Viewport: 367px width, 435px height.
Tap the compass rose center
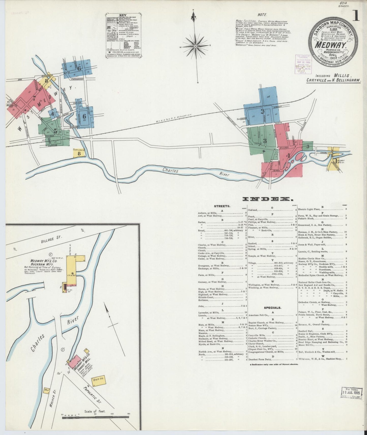(x=195, y=46)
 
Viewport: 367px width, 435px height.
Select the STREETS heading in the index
(x=222, y=206)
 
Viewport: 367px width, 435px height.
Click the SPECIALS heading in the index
(x=272, y=308)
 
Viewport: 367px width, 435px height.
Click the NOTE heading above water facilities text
(x=262, y=15)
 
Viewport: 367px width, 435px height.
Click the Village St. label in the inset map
(x=51, y=239)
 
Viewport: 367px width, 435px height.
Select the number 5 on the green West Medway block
(x=55, y=131)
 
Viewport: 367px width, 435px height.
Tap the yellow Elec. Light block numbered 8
(x=79, y=153)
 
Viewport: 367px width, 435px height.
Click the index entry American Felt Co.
(x=259, y=315)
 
